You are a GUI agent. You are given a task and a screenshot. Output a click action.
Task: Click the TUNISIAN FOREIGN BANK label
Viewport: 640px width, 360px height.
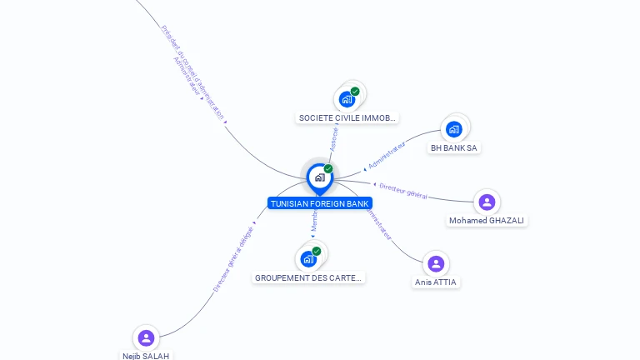tap(319, 203)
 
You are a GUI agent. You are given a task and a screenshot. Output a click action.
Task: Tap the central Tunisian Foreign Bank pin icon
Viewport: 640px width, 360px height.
tap(319, 177)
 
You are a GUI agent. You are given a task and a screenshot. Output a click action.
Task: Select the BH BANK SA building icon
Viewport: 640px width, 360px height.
tap(454, 129)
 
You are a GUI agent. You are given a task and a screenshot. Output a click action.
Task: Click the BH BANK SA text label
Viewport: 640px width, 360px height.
tap(454, 147)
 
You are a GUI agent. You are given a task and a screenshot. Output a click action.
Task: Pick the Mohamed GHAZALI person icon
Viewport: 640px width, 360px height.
tap(487, 202)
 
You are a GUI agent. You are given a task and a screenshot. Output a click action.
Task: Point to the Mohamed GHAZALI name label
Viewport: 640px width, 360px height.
tap(487, 221)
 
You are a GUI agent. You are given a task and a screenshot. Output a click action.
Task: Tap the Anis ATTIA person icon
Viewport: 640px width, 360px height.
tap(435, 264)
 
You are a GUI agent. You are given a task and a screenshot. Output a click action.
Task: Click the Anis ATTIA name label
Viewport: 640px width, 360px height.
tap(436, 282)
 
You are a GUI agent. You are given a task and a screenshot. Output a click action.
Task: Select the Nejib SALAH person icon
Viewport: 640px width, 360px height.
tap(146, 337)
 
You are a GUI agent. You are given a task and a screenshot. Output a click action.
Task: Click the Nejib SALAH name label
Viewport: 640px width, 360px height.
tap(146, 356)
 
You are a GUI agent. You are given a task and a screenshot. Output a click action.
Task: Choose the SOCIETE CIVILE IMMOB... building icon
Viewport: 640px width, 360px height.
tap(347, 99)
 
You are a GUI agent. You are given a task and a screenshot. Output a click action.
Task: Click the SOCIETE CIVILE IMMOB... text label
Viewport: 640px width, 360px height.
tap(347, 118)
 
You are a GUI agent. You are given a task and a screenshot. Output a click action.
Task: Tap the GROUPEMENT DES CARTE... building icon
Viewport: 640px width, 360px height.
tap(309, 258)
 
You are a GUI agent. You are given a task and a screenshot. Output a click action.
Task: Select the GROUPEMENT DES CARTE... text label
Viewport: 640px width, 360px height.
tap(309, 277)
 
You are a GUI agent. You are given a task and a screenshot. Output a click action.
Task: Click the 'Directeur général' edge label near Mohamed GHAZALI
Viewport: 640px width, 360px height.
tap(403, 191)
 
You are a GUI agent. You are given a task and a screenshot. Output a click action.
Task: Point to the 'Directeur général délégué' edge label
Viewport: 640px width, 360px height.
tap(232, 259)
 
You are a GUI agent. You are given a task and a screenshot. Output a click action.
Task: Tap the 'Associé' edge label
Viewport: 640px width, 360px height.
tap(334, 138)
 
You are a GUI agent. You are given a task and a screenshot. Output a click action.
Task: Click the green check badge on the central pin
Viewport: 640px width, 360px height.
tap(328, 168)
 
